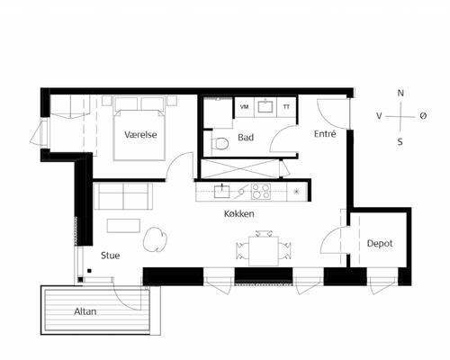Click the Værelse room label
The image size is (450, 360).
click(x=140, y=135)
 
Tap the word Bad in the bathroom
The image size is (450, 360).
click(x=246, y=138)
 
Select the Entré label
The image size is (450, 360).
click(x=325, y=133)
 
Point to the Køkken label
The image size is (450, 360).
click(x=239, y=213)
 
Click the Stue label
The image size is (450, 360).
click(x=111, y=256)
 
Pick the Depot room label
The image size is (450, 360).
click(x=380, y=243)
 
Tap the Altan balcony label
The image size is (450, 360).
click(x=85, y=311)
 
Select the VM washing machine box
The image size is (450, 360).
click(x=244, y=107)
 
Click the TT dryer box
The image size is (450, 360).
click(x=286, y=107)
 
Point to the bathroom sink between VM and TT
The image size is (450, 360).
click(x=265, y=106)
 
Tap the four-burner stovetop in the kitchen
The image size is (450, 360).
click(x=261, y=192)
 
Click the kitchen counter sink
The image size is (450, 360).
click(x=221, y=192)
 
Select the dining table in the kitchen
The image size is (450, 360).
click(x=264, y=251)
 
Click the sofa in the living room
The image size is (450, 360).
click(x=123, y=196)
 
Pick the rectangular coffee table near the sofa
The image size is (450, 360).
click(x=123, y=226)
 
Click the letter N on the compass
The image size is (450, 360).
click(x=400, y=94)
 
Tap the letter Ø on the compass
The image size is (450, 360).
click(x=423, y=116)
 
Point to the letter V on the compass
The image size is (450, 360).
click(x=379, y=116)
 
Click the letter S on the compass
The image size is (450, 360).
click(x=400, y=141)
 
